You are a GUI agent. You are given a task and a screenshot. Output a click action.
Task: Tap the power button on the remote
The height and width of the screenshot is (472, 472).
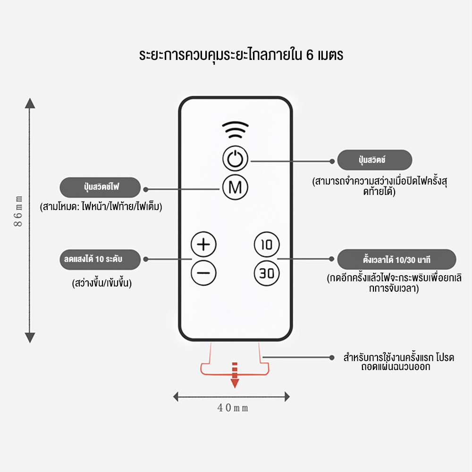pyautogui.click(x=235, y=159)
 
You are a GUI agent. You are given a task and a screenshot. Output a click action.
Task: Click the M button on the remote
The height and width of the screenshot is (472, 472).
pyautogui.click(x=235, y=187)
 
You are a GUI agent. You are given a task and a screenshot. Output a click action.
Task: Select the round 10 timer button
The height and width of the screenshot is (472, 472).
pyautogui.click(x=267, y=244)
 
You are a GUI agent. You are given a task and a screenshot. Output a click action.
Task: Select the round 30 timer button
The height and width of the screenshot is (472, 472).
pyautogui.click(x=267, y=273)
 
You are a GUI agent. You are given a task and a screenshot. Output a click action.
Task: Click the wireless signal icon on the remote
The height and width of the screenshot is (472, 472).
pyautogui.click(x=235, y=130)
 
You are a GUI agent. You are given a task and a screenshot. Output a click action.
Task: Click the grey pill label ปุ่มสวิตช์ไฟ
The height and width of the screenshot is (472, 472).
pyautogui.click(x=100, y=187)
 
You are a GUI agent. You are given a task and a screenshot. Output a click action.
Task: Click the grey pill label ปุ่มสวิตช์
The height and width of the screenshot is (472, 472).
pyautogui.click(x=374, y=160)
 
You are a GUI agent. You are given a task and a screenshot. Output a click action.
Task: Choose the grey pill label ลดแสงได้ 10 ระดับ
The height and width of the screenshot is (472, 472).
pyautogui.click(x=100, y=260)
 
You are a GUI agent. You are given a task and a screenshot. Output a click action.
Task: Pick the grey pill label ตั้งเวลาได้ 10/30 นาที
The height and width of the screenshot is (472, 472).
pyautogui.click(x=396, y=259)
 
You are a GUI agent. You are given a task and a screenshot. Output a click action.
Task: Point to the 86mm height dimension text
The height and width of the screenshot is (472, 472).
pyautogui.click(x=18, y=211)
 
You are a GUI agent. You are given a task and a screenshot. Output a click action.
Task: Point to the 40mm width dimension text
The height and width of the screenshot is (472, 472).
pyautogui.click(x=233, y=408)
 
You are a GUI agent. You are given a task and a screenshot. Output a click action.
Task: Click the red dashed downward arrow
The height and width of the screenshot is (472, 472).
pyautogui.click(x=235, y=375)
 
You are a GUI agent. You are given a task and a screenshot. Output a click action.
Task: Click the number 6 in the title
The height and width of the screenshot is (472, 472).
pyautogui.click(x=310, y=55)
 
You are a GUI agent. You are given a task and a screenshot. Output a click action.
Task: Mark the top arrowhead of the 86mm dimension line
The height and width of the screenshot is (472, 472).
pyautogui.click(x=30, y=103)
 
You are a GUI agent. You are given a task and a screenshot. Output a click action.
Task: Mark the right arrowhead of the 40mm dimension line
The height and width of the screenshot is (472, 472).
pyautogui.click(x=287, y=397)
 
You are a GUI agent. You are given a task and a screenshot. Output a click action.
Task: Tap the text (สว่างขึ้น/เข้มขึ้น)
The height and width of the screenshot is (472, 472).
pyautogui.click(x=102, y=283)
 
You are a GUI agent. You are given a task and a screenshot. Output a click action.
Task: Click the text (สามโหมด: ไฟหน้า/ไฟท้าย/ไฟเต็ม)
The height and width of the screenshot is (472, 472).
pyautogui.click(x=101, y=206)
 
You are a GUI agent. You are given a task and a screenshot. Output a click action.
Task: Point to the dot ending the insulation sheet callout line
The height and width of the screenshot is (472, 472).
pyautogui.click(x=332, y=358)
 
